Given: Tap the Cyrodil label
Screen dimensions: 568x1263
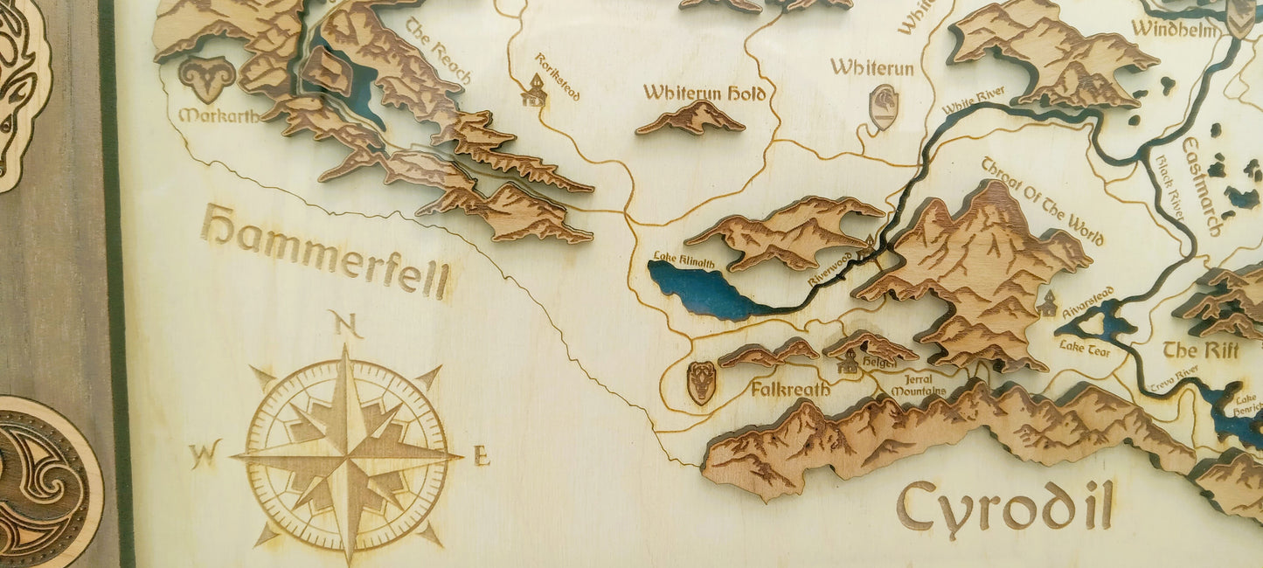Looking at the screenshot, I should click(x=1004, y=506).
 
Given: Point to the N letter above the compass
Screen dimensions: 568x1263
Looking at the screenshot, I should click(x=347, y=326).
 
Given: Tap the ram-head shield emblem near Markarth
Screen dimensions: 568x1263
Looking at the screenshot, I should click(x=206, y=79).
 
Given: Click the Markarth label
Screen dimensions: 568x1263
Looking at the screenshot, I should click(x=219, y=115).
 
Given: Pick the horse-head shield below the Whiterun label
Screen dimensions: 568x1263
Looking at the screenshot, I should click(x=884, y=107).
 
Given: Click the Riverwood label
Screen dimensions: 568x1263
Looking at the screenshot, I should click(x=829, y=267).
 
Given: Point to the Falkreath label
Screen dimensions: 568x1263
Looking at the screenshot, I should click(x=790, y=389).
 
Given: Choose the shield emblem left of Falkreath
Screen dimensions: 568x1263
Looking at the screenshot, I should click(x=701, y=382).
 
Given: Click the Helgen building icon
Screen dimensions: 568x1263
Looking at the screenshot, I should click(x=847, y=363).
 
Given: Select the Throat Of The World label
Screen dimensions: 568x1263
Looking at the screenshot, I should click(x=1042, y=200).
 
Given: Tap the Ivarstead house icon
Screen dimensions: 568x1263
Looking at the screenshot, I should click(x=1047, y=304).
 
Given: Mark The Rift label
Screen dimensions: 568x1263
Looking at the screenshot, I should click(x=1200, y=350).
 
